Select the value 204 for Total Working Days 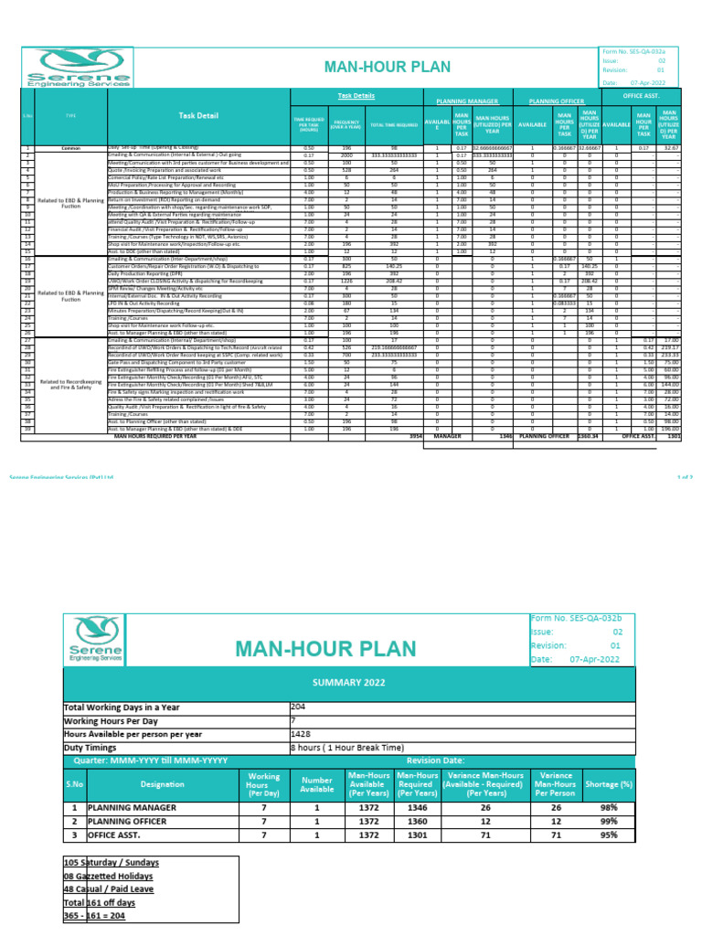(x=299, y=707)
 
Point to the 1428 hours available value (x=302, y=733)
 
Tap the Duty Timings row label (x=95, y=747)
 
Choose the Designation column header (x=162, y=784)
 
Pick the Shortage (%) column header (x=610, y=784)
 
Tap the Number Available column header (x=317, y=784)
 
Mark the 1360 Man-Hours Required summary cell (x=417, y=821)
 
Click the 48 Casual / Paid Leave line (x=109, y=889)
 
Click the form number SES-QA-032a (x=638, y=55)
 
